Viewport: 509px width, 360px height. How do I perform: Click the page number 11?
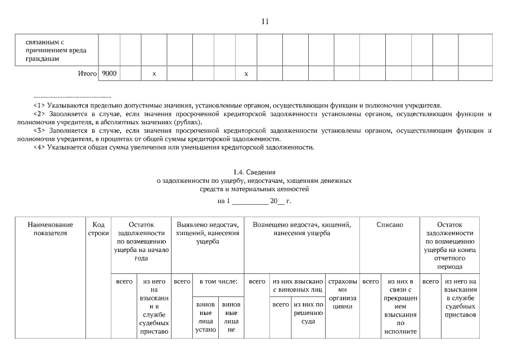pyautogui.click(x=265, y=22)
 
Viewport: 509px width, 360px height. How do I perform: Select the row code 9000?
pyautogui.click(x=109, y=74)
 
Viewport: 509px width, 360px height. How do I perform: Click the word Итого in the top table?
pyautogui.click(x=87, y=74)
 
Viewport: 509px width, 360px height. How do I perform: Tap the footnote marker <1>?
pyautogui.click(x=39, y=105)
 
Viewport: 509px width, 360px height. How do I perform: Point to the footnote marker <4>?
pyautogui.click(x=39, y=148)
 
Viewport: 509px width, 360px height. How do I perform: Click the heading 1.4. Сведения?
pyautogui.click(x=254, y=173)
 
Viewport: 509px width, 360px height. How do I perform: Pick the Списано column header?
pyautogui.click(x=390, y=224)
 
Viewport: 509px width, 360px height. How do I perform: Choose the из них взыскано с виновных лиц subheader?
pyautogui.click(x=298, y=285)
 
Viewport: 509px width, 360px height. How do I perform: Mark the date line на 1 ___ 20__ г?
pyautogui.click(x=254, y=201)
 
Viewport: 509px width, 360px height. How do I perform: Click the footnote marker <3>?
pyautogui.click(x=39, y=130)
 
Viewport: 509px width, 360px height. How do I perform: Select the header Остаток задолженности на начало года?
pyautogui.click(x=141, y=241)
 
